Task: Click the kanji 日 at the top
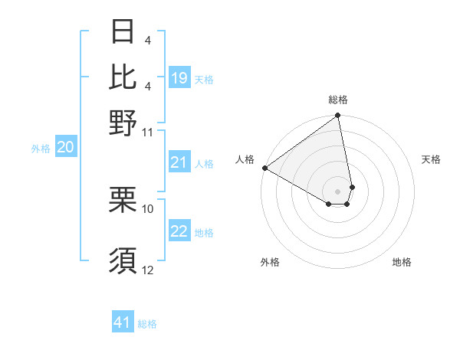(123, 31)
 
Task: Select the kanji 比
(123, 76)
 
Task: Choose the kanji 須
(123, 260)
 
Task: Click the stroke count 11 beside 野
(148, 132)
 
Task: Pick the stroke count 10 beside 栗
(148, 208)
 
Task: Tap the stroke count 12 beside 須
(148, 270)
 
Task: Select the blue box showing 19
(179, 78)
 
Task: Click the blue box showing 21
(179, 162)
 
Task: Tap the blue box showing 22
(179, 232)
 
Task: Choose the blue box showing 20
(65, 148)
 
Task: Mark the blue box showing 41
(123, 322)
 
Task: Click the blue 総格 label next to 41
(147, 324)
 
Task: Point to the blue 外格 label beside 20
(41, 149)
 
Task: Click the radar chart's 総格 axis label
(338, 100)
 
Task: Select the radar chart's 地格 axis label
(402, 263)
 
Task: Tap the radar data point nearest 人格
(264, 168)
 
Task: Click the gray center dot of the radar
(338, 191)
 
